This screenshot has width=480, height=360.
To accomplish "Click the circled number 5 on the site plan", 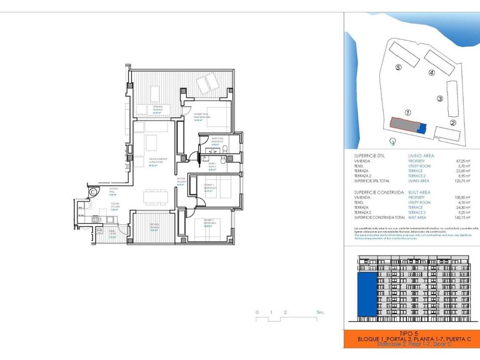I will point(397,67).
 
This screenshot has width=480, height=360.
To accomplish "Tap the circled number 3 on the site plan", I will point(440,99).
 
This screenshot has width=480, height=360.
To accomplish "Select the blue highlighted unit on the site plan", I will point(421,129).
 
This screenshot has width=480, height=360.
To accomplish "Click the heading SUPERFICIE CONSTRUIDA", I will point(377,192).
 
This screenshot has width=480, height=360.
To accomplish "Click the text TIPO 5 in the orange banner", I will point(411,334).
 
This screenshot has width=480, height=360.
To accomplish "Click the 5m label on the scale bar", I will point(319,312).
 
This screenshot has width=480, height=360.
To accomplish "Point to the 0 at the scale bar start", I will point(257,312).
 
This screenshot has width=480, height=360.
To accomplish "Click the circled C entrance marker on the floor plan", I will point(92,192).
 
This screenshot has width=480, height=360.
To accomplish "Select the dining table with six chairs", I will point(153,196).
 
